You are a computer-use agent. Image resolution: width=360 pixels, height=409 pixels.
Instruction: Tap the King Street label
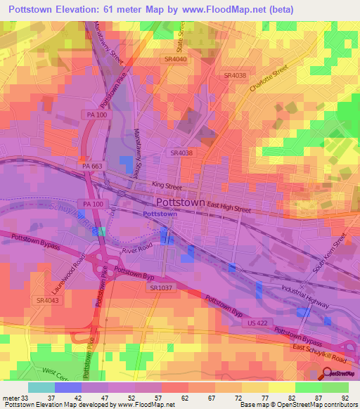167,187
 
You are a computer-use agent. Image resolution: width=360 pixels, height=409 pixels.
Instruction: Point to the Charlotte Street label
269,81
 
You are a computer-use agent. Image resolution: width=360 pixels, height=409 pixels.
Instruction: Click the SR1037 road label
161,287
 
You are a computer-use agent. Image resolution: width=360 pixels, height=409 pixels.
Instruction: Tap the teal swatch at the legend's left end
41,387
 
